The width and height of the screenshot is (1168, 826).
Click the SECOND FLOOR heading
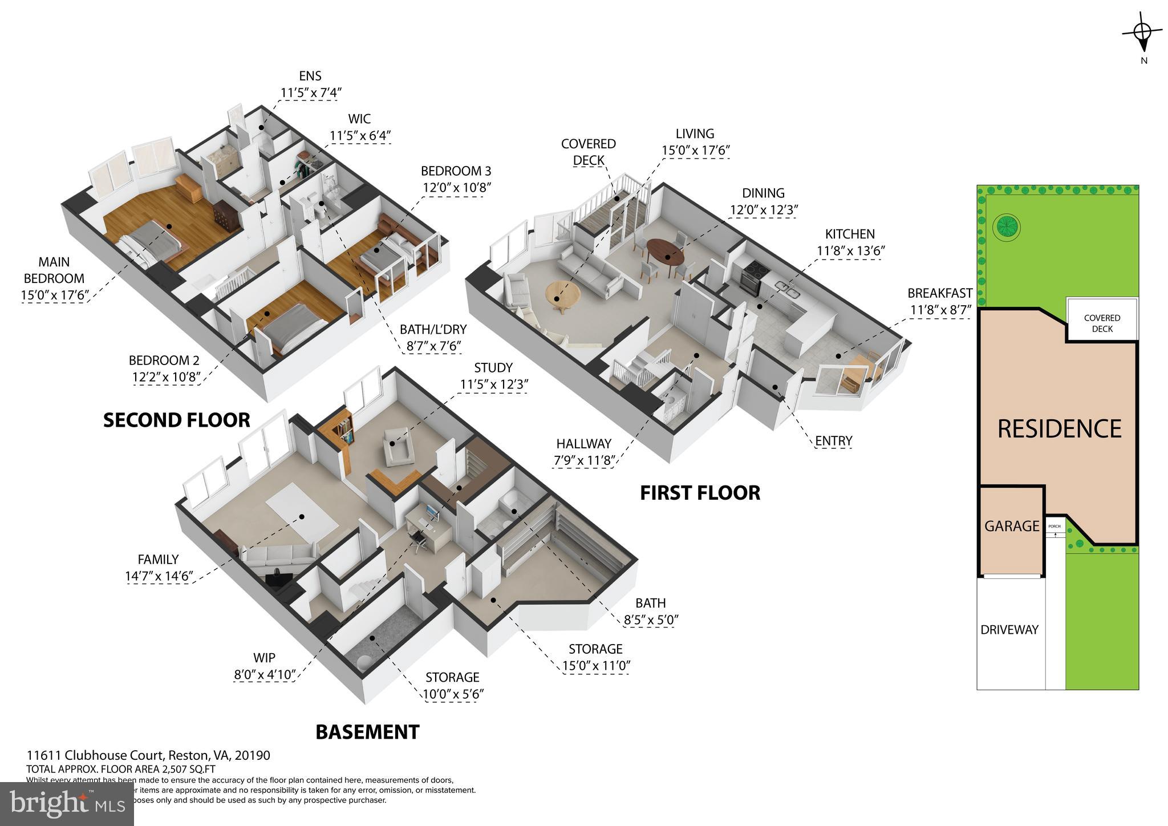(176, 420)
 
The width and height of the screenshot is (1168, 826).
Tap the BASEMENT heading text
(367, 732)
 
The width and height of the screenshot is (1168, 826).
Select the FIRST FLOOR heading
(700, 493)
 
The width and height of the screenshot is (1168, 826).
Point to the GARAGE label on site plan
(1012, 526)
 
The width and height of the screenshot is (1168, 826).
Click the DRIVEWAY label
(1009, 630)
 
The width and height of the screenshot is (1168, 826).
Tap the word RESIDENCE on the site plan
(1059, 429)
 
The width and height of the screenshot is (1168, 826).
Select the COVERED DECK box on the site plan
(1102, 323)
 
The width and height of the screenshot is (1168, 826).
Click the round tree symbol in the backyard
(1006, 228)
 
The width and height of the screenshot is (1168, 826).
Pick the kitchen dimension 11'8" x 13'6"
(850, 250)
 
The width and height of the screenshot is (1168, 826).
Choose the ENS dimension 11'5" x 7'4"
(310, 92)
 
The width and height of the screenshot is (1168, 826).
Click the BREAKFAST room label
(939, 293)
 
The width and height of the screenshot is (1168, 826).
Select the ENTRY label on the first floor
(833, 440)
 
